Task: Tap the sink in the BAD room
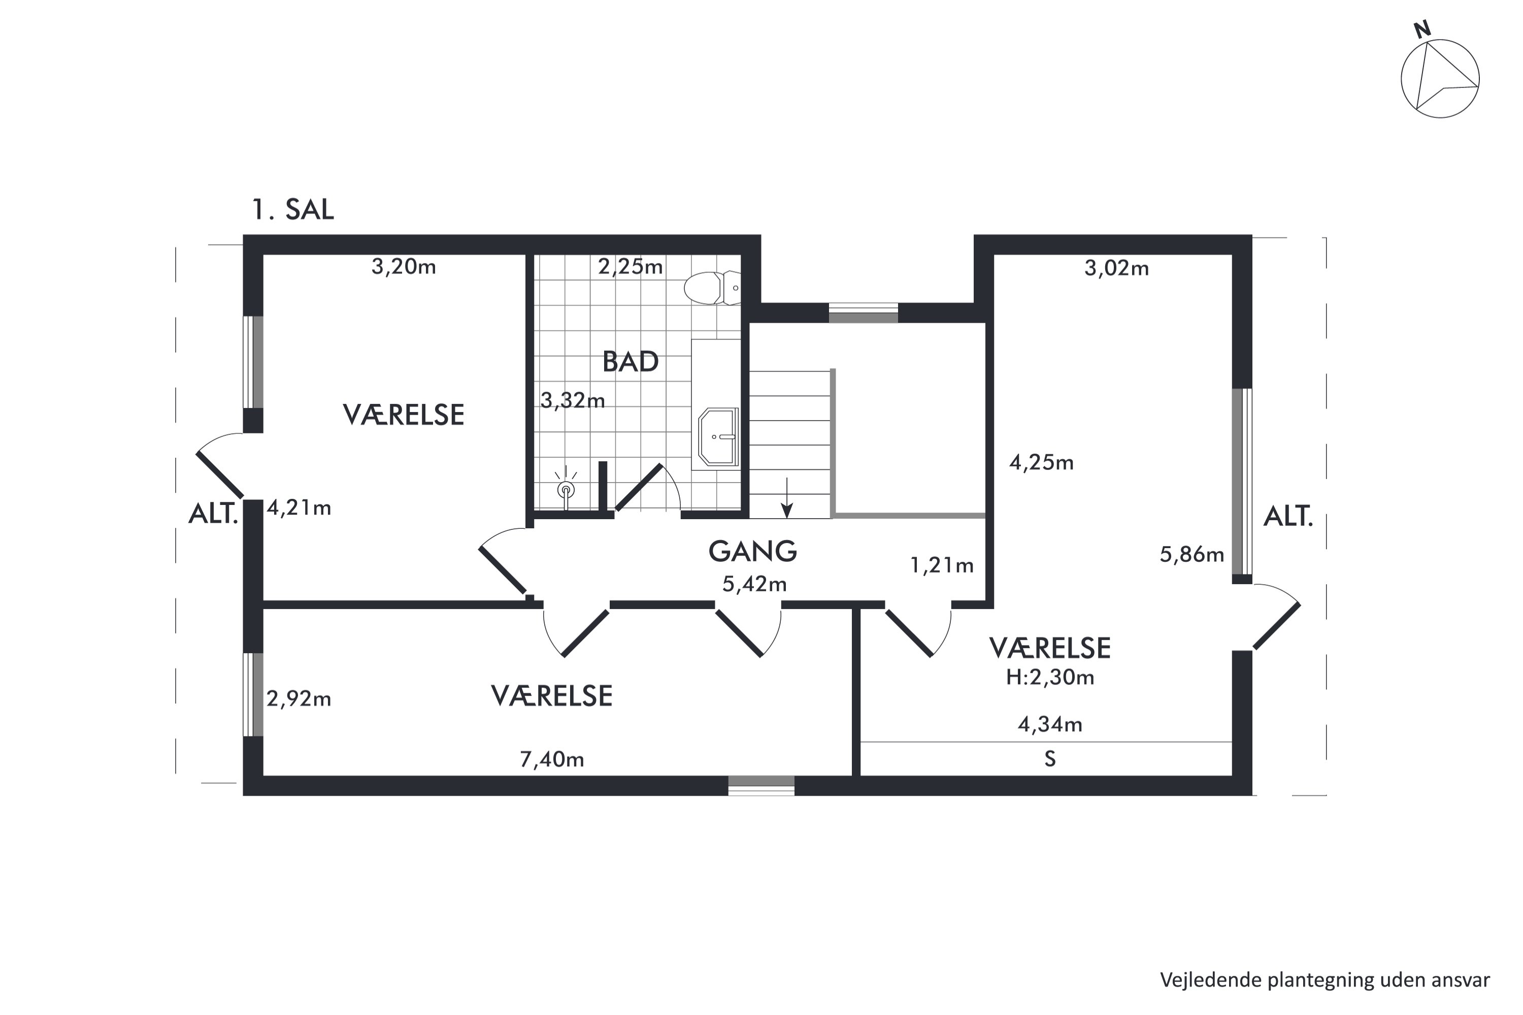(x=719, y=437)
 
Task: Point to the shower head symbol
(x=566, y=489)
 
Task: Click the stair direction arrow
(x=787, y=498)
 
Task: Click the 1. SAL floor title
(x=293, y=209)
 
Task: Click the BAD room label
(x=630, y=361)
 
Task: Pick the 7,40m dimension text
(x=552, y=759)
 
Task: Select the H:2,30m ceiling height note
(x=1050, y=677)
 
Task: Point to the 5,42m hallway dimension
(x=754, y=584)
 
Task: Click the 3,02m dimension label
(x=1116, y=268)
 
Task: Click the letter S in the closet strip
(x=1050, y=759)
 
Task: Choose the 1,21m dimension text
(x=942, y=566)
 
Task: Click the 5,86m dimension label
(x=1191, y=554)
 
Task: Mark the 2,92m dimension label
(x=299, y=698)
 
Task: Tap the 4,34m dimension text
(x=1050, y=724)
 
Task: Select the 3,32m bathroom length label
(x=573, y=401)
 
